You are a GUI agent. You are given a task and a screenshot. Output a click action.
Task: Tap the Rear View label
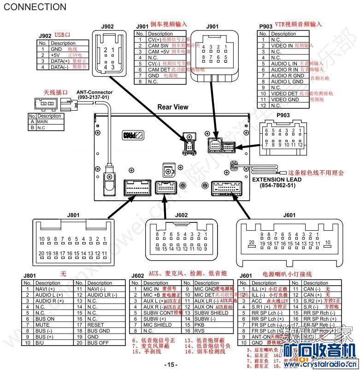coord(173,107)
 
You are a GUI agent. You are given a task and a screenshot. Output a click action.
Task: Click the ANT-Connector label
coord(94,92)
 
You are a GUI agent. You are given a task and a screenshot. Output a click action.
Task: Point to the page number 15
coord(171,364)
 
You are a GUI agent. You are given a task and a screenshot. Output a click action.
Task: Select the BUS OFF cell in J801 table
coord(97,343)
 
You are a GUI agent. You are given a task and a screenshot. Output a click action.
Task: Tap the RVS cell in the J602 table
coord(199,330)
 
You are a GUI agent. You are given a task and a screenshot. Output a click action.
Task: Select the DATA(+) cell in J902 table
coord(60,61)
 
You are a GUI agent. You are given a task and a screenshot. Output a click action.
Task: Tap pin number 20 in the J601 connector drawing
coord(251,242)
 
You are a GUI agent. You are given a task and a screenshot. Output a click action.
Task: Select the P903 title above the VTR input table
coord(266,27)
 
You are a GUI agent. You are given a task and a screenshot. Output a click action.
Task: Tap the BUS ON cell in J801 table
coord(45,319)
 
